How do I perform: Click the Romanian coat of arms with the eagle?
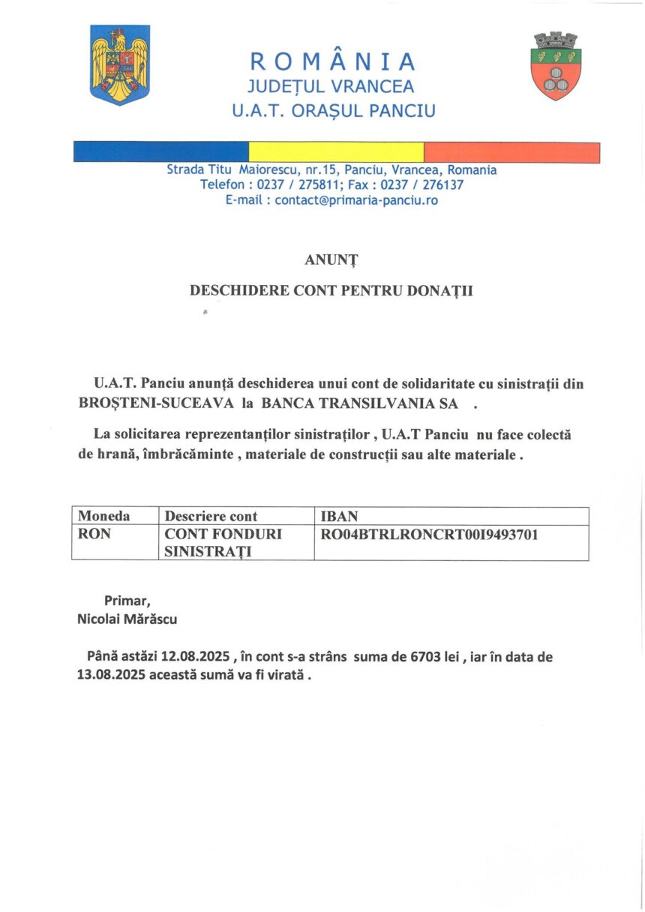pos(120,64)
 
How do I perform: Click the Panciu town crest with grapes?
pos(556,65)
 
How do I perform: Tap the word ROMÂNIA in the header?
pos(332,61)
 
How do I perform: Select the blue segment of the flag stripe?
pos(160,152)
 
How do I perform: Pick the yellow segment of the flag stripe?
pos(336,152)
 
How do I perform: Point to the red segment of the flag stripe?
pos(511,152)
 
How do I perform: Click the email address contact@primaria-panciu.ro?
pos(356,200)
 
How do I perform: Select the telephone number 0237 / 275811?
pos(295,184)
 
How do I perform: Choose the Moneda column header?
pos(104,516)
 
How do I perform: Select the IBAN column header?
pos(338,516)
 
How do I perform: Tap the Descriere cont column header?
pos(211,516)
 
